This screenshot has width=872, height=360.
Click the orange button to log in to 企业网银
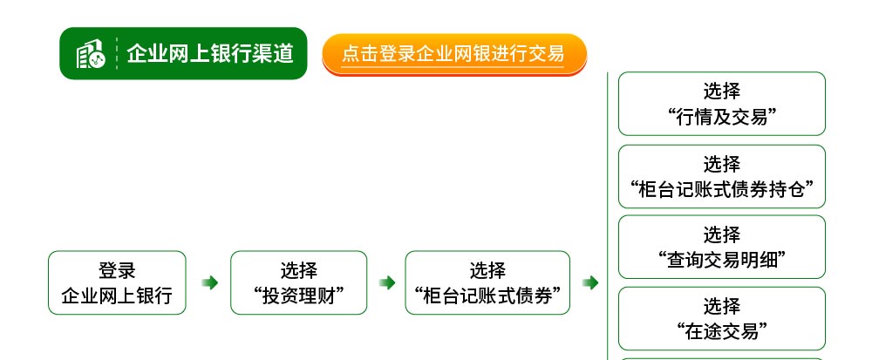coord(454,54)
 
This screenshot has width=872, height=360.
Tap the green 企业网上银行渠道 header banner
coord(183,53)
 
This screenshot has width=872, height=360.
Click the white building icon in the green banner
coord(91,54)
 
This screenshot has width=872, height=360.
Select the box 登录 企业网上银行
coord(118,282)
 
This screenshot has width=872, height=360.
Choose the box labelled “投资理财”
coord(298,282)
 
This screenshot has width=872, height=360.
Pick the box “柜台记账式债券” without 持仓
coord(487,282)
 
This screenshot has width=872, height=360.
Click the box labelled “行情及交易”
coord(722,104)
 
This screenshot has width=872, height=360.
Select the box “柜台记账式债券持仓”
coord(722,177)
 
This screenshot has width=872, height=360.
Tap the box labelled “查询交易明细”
coord(722,247)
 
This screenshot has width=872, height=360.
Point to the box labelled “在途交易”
coord(722,318)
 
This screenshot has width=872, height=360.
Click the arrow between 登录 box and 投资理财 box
coord(209,282)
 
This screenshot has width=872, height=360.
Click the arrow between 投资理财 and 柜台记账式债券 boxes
coord(387,282)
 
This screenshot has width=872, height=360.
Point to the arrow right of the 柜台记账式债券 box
coord(590,282)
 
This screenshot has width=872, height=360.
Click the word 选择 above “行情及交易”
coord(722,91)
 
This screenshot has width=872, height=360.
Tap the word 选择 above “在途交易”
coord(722,306)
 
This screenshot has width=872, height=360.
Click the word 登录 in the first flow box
coord(118,270)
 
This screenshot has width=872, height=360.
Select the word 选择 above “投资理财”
coord(298,270)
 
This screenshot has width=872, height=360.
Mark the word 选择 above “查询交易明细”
coord(722,234)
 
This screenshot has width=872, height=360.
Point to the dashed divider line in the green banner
coord(118,53)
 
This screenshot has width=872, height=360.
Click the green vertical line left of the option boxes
coord(607,216)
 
